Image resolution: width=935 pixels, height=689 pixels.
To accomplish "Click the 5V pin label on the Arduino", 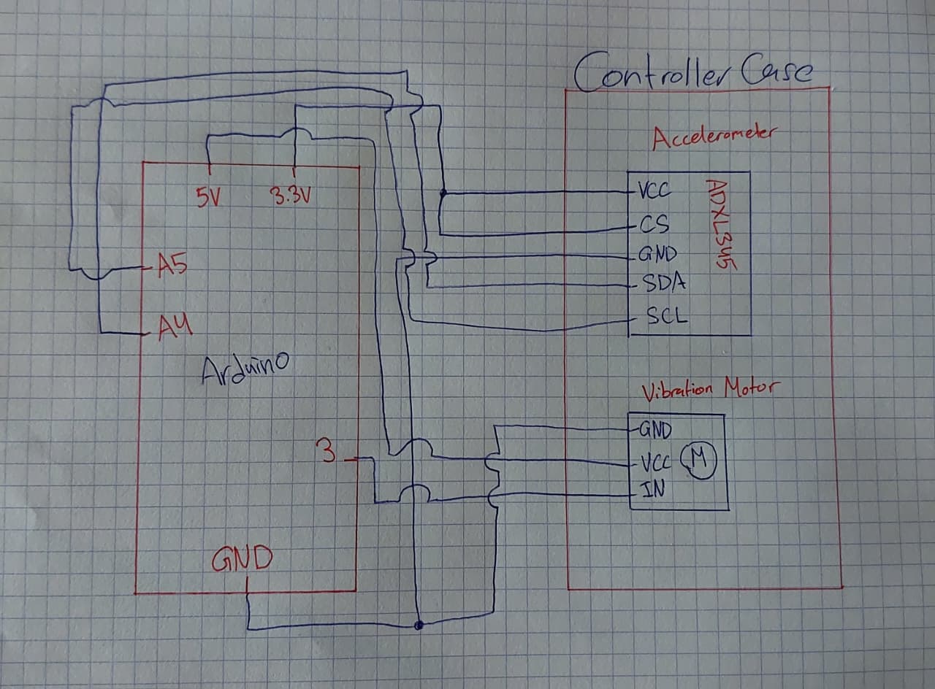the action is point(208,197).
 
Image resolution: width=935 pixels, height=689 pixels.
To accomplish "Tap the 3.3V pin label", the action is point(291,195).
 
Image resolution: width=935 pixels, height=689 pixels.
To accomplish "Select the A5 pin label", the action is point(172,265).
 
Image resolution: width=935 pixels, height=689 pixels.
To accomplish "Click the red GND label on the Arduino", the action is point(242,559).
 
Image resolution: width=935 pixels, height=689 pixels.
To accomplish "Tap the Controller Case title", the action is point(693,75).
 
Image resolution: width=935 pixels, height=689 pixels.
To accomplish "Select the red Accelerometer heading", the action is point(715,137).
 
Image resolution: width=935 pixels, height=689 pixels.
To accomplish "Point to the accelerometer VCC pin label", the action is point(655,191).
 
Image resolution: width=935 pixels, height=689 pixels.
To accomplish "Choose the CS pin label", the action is point(654,223).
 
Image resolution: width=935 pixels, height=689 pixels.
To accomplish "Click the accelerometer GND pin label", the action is point(658,254).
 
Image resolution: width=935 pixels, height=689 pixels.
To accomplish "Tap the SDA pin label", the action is point(664,282).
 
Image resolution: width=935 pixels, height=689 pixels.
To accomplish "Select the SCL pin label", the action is point(667,316).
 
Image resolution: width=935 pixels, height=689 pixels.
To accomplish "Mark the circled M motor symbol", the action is point(699,460).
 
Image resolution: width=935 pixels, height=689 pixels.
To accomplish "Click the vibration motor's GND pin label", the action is point(655,430).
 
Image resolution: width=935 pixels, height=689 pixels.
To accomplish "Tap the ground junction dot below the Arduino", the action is point(419,626).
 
